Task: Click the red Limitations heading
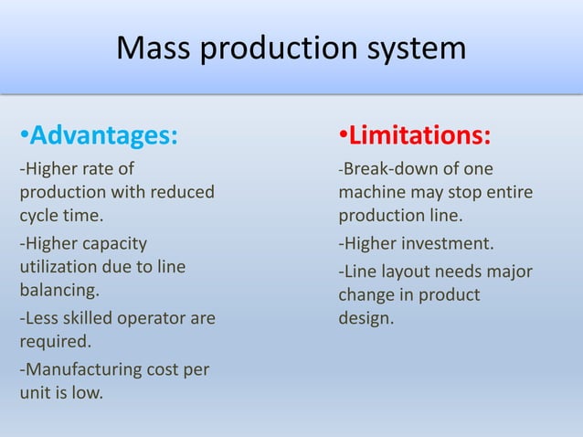419,137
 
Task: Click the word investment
447,244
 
